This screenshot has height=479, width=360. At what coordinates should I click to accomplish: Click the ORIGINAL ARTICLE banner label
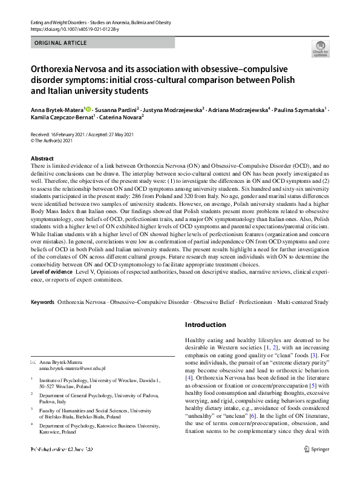click(x=61, y=43)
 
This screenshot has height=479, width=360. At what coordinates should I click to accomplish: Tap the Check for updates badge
click(x=319, y=48)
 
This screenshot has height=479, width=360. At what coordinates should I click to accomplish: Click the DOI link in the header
click(x=71, y=28)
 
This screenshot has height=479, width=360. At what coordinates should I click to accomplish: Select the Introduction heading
click(x=206, y=325)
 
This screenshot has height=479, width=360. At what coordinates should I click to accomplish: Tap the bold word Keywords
click(x=43, y=301)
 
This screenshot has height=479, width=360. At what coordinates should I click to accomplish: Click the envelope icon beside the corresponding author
click(x=33, y=362)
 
